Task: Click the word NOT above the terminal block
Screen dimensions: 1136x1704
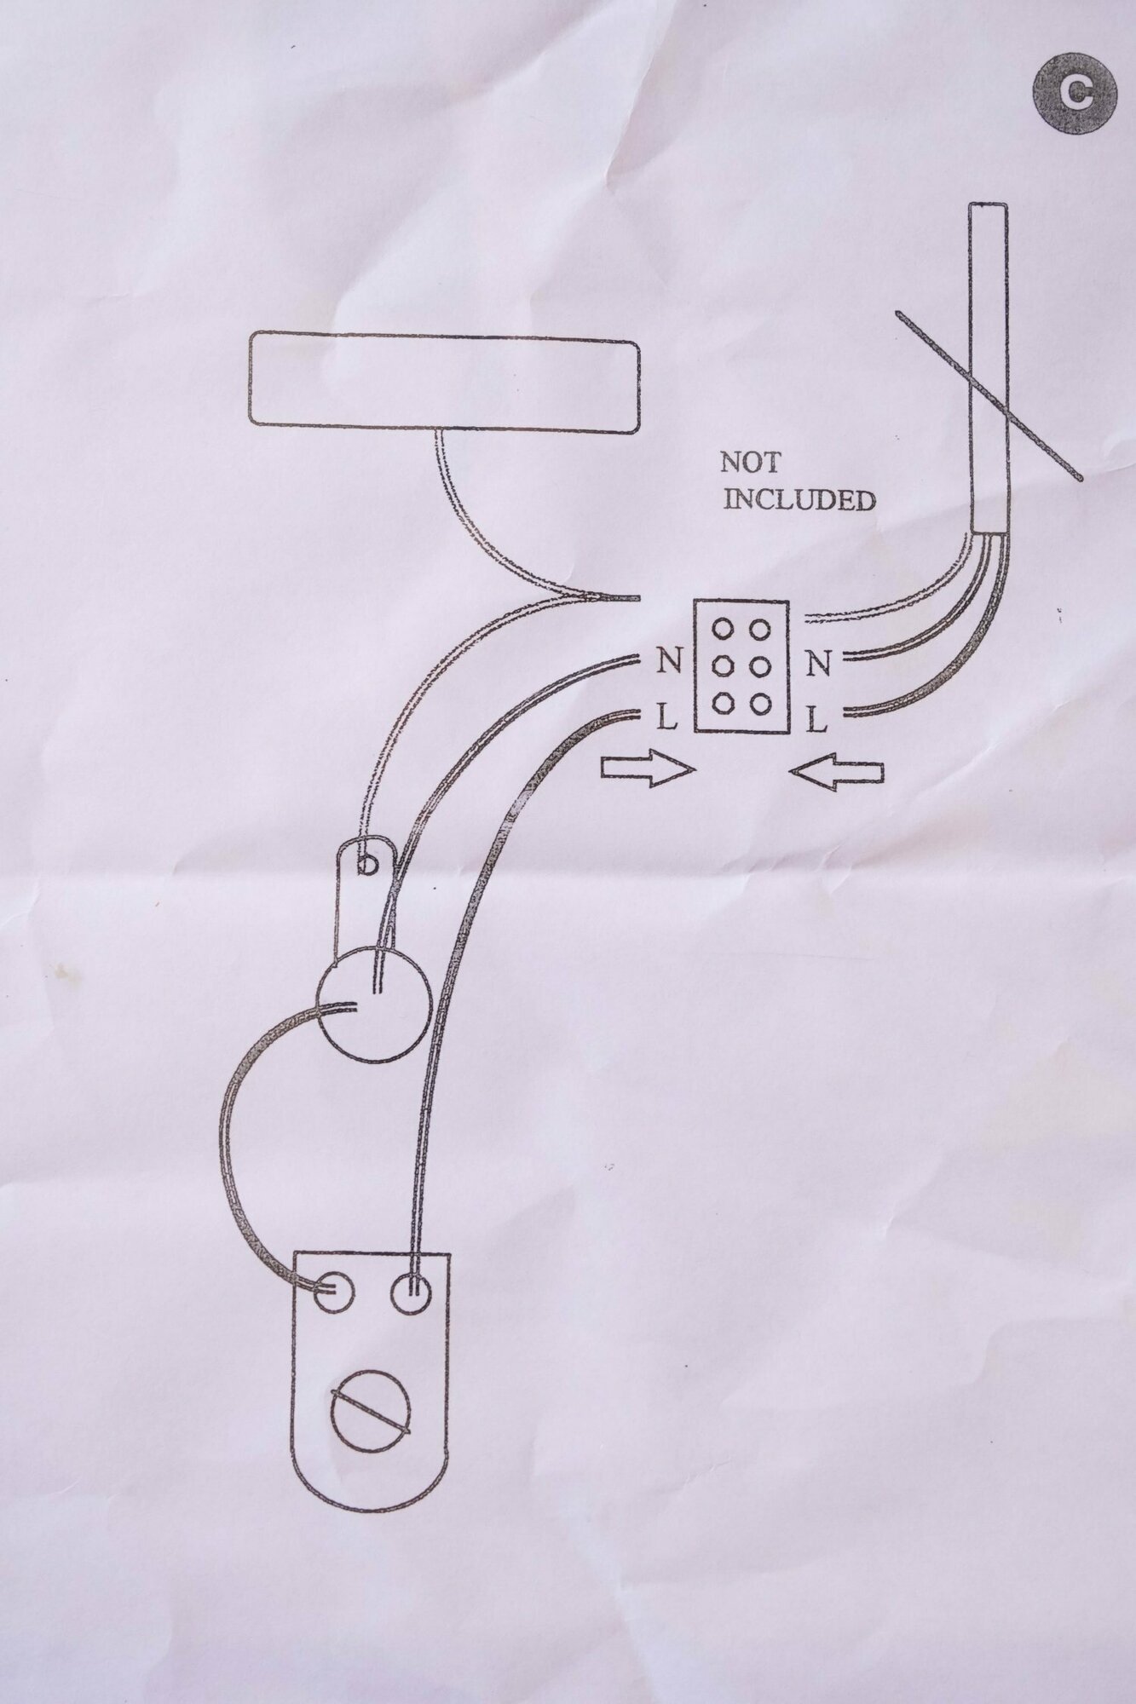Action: [749, 463]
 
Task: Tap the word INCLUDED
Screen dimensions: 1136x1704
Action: [799, 499]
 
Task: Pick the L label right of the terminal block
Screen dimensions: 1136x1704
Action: [816, 722]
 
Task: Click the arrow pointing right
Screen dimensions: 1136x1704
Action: [648, 770]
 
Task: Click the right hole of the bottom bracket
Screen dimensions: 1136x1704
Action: [411, 1294]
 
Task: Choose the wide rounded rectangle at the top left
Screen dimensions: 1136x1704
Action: [443, 384]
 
